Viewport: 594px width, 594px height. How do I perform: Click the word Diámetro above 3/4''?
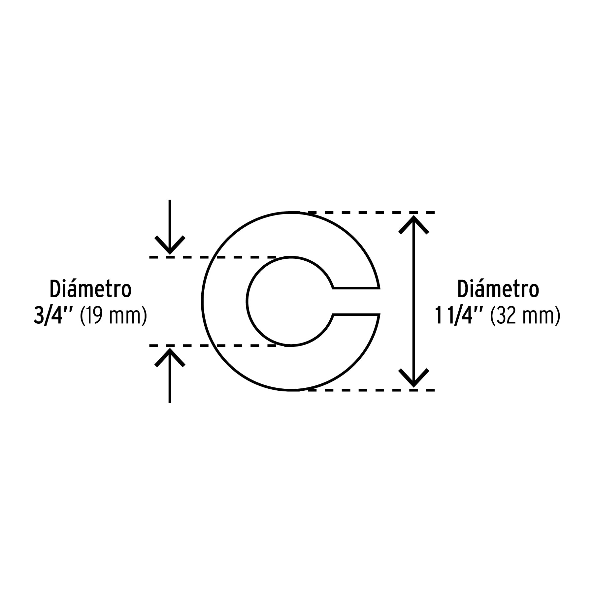pos(91,289)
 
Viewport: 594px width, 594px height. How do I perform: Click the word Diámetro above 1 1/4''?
pos(498,289)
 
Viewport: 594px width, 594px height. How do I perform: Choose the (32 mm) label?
pos(525,316)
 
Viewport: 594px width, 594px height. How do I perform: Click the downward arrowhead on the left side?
pos(170,246)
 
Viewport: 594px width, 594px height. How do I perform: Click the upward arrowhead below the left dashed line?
pos(170,357)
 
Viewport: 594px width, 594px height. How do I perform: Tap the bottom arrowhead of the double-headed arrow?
pos(413,378)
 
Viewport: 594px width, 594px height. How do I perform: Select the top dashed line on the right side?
pos(371,213)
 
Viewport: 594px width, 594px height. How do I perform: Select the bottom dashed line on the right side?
pos(371,390)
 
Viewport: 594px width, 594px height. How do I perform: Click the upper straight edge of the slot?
pos(356,288)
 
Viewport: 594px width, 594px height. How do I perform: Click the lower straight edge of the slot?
pos(356,314)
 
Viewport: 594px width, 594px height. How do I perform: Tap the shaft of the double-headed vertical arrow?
pos(413,301)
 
